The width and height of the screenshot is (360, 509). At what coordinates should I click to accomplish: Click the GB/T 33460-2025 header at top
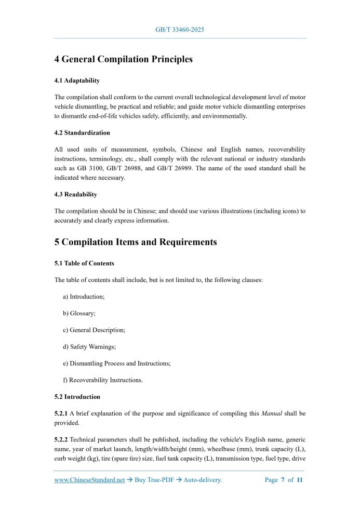[180, 30]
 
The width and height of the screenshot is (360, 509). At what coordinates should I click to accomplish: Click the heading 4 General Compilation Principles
[123, 59]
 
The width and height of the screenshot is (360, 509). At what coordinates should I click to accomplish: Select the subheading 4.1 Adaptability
[77, 81]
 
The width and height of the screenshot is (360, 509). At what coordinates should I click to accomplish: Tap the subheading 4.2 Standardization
[82, 133]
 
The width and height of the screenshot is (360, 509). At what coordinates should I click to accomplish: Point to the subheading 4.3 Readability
[75, 194]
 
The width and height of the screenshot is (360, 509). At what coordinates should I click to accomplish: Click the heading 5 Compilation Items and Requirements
[136, 242]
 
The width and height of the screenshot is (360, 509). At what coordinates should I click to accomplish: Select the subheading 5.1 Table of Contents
[84, 263]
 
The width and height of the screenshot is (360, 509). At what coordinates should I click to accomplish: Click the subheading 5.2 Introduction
[77, 397]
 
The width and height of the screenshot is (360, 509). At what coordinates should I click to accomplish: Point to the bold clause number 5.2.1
[61, 413]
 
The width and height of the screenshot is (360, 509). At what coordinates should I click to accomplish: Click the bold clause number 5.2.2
[61, 439]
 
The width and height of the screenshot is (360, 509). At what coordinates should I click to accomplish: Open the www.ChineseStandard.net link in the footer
[89, 480]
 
